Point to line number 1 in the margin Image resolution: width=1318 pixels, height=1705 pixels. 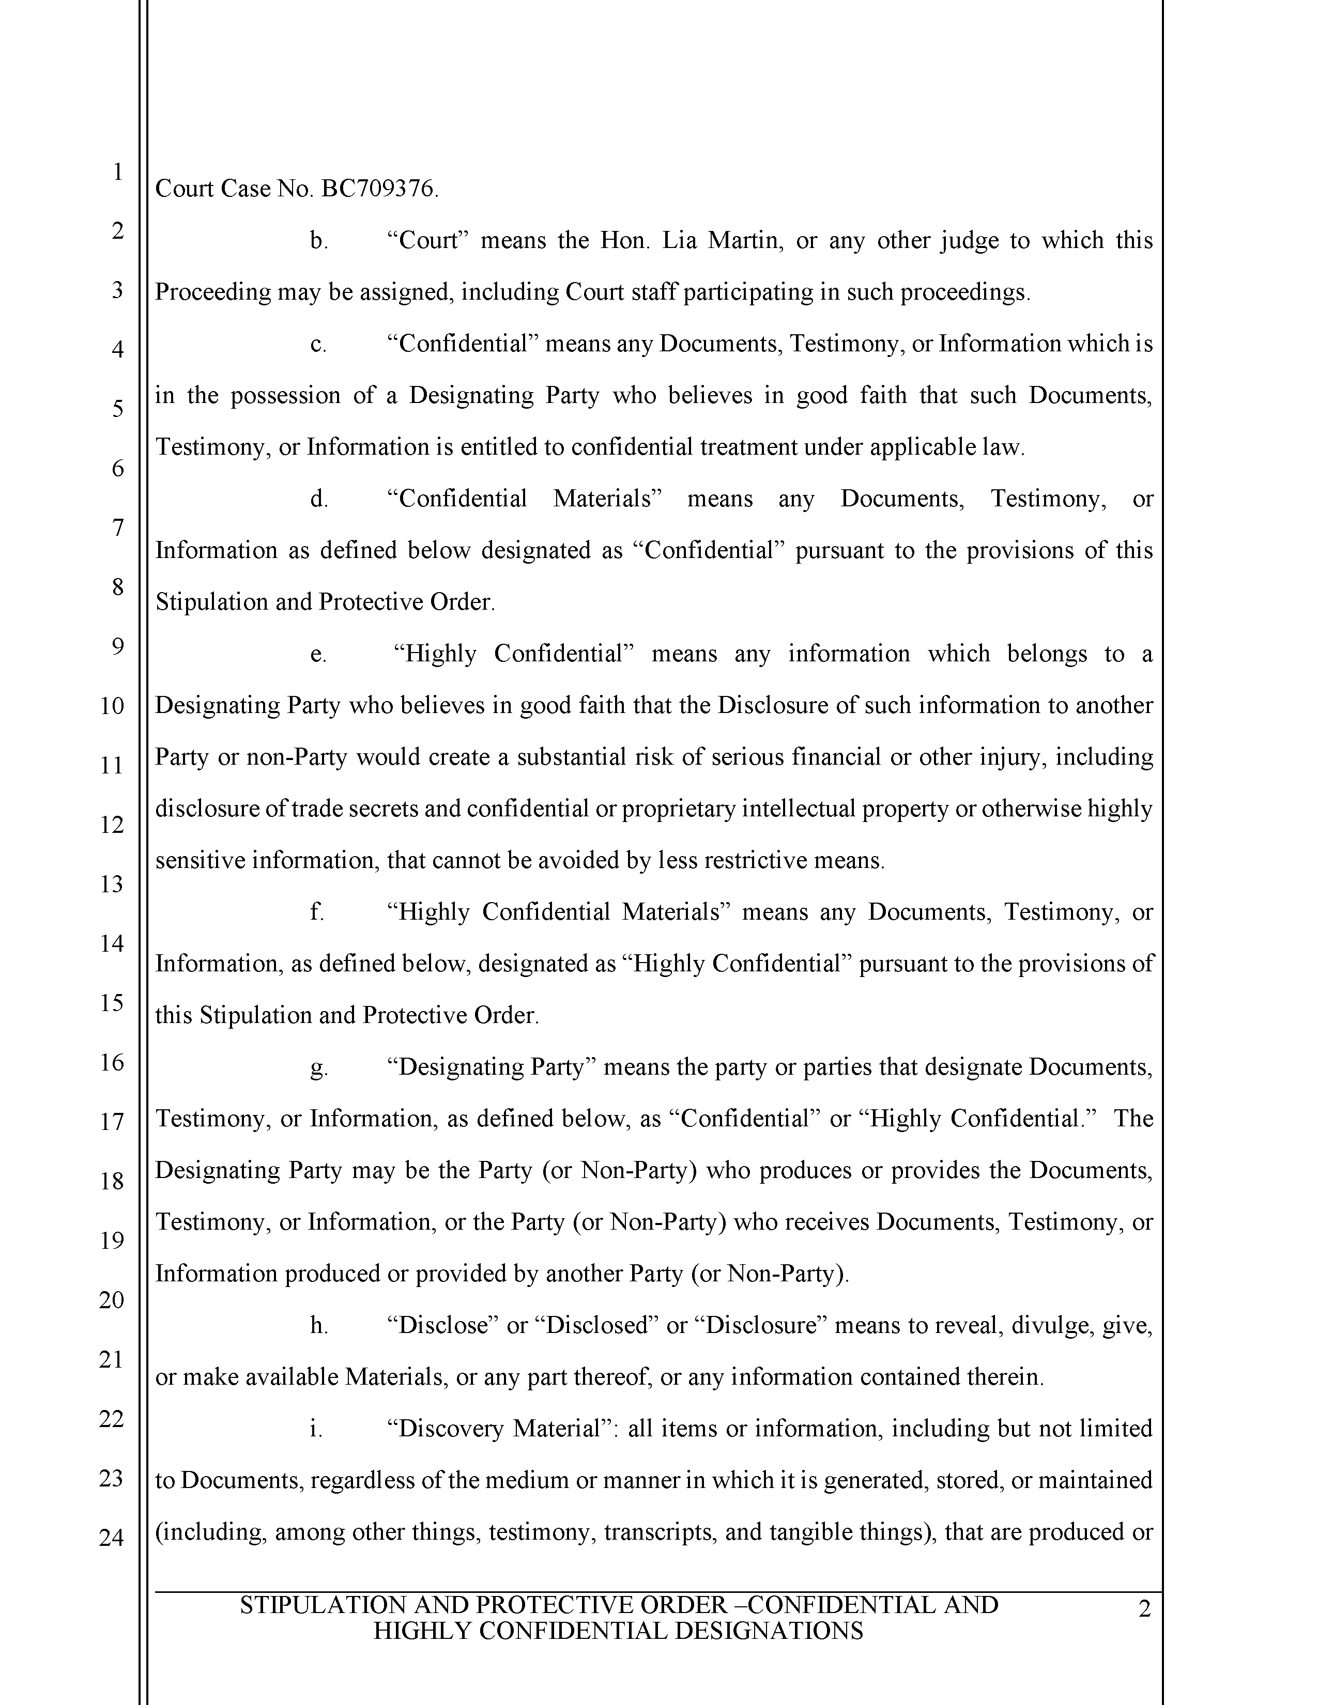(x=117, y=172)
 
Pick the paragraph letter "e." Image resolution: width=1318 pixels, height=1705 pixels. (x=318, y=654)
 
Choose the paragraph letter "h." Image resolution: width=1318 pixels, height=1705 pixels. (x=318, y=1326)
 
